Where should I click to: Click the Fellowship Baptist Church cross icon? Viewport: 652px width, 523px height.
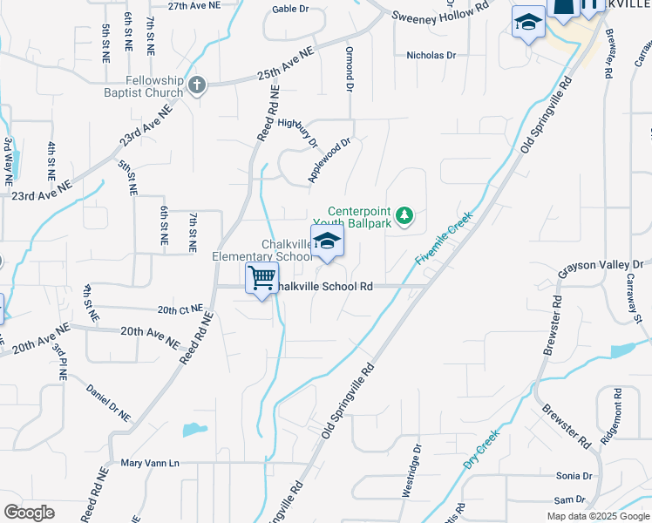tap(197, 85)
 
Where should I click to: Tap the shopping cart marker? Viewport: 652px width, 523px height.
tap(261, 279)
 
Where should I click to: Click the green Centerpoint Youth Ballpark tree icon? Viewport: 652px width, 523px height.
tap(404, 214)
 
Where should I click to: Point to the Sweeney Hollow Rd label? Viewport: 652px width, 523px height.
tap(440, 15)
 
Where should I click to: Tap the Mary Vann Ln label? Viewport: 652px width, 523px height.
tap(149, 463)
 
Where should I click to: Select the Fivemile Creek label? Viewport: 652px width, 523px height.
tap(444, 238)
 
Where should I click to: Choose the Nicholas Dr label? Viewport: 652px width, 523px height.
tap(431, 55)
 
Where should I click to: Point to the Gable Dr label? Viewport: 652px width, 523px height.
tap(290, 9)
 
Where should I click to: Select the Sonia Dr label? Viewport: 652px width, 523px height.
tap(574, 476)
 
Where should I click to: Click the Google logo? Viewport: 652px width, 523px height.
tap(29, 513)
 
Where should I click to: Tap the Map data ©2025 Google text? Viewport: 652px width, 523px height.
tap(597, 516)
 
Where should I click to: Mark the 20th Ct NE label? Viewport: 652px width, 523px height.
tap(180, 309)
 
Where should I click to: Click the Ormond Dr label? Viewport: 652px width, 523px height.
tap(349, 70)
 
